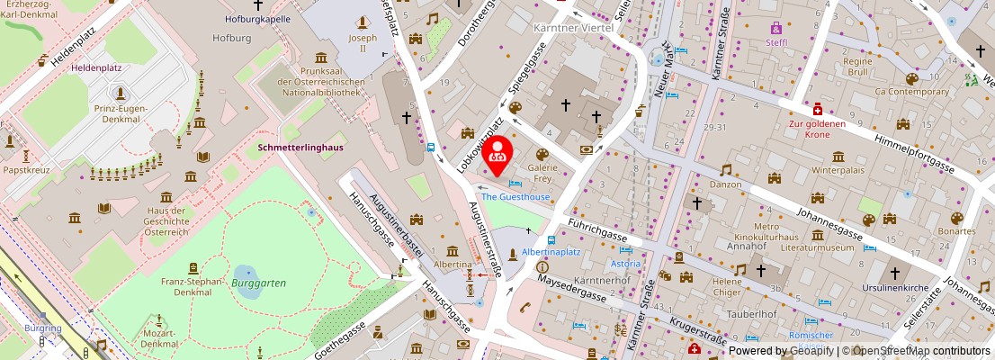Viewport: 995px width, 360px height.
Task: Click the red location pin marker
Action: [497, 154]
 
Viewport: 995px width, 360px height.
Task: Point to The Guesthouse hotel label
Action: [515, 196]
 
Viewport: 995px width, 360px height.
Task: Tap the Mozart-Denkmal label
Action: [159, 344]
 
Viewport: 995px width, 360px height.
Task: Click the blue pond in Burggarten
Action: [244, 272]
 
